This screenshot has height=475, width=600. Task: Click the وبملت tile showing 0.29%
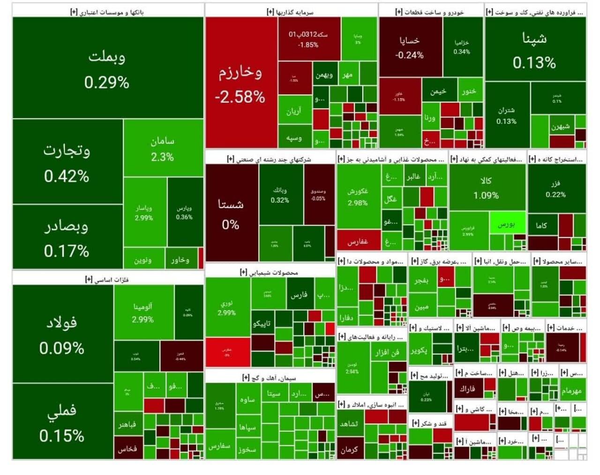(x=107, y=68)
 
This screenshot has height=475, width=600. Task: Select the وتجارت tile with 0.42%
(x=67, y=162)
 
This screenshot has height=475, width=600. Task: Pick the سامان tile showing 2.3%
(x=162, y=148)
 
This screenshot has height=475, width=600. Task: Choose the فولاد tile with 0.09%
(x=62, y=334)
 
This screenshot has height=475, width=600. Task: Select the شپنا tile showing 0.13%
(x=534, y=50)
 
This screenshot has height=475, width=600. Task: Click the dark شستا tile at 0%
(x=231, y=213)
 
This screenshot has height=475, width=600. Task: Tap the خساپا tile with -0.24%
(x=410, y=47)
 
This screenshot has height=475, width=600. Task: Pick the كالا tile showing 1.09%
(x=487, y=187)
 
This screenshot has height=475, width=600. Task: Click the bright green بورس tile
(x=507, y=224)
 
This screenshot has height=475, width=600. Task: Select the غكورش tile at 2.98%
(x=358, y=197)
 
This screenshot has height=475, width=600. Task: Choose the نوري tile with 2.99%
(x=227, y=307)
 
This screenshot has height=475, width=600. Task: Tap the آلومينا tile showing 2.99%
(x=143, y=312)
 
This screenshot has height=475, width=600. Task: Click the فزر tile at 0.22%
(x=556, y=188)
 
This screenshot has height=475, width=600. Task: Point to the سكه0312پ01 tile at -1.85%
(x=308, y=39)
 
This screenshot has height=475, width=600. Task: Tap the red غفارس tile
(x=358, y=241)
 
